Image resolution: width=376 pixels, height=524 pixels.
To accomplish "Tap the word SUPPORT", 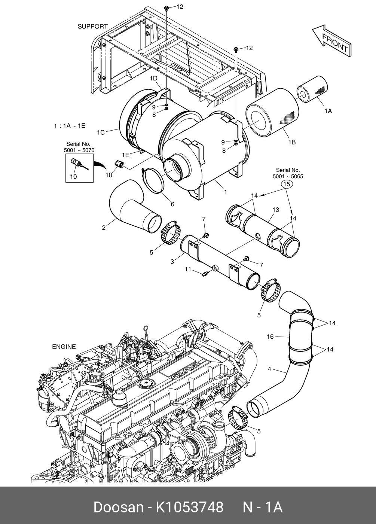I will pos(92,27).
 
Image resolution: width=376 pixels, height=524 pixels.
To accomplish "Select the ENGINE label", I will pos(64,347).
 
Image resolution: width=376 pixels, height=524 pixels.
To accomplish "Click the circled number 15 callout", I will pos(287,184).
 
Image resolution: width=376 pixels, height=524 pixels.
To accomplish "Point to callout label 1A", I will pos(328,111).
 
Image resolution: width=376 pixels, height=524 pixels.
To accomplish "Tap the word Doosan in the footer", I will pos(118,507).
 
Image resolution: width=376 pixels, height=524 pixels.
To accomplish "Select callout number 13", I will pos(276,210).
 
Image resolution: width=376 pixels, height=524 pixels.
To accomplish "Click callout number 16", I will pos(270,336).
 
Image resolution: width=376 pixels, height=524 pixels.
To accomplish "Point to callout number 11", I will pos(188,269).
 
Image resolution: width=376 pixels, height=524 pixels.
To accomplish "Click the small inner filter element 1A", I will pos(312,89).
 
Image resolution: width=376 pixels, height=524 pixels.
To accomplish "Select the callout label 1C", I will pos(101,132).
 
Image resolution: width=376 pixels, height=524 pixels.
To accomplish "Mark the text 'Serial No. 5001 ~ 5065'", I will pos(288,173).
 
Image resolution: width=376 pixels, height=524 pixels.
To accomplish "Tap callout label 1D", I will pos(153,78).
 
